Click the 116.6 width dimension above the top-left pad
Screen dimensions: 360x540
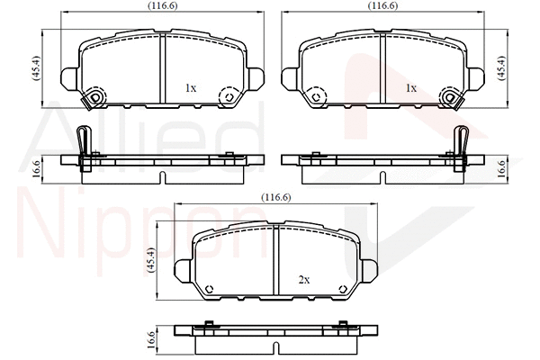click(x=163, y=6)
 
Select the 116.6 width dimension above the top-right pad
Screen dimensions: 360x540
click(x=384, y=6)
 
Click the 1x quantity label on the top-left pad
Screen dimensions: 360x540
click(x=190, y=88)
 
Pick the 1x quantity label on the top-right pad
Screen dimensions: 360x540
click(x=411, y=88)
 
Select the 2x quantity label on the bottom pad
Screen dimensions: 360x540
click(x=303, y=280)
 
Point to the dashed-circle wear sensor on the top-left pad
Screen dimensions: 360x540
click(x=94, y=97)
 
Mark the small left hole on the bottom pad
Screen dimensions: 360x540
click(x=209, y=288)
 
